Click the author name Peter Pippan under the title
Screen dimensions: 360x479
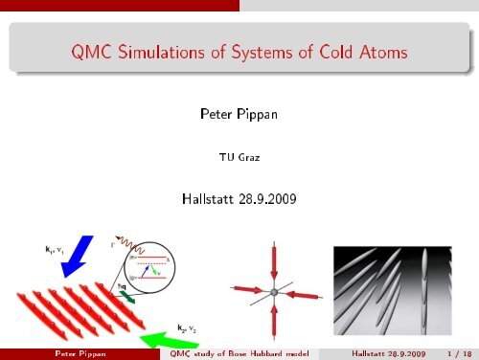point(239,115)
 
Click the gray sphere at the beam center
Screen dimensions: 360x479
point(273,289)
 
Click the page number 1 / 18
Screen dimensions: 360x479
point(454,352)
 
